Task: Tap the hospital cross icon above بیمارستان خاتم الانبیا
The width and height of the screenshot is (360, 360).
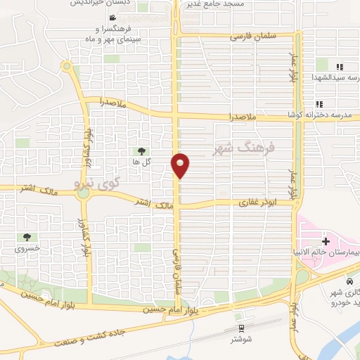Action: pyautogui.click(x=325, y=241)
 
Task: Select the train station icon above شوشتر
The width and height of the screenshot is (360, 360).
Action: pyautogui.click(x=242, y=328)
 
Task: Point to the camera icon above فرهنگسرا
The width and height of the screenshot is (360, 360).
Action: pyautogui.click(x=114, y=18)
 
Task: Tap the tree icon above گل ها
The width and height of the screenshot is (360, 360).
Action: pyautogui.click(x=141, y=151)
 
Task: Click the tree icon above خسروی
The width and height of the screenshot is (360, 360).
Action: pyautogui.click(x=27, y=238)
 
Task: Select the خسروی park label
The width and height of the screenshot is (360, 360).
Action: pyautogui.click(x=28, y=248)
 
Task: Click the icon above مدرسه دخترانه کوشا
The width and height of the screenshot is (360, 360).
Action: pyautogui.click(x=319, y=104)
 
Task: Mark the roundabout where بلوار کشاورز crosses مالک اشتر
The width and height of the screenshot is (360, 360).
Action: pyautogui.click(x=83, y=195)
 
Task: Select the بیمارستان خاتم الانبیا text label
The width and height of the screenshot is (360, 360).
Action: pyautogui.click(x=328, y=251)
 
